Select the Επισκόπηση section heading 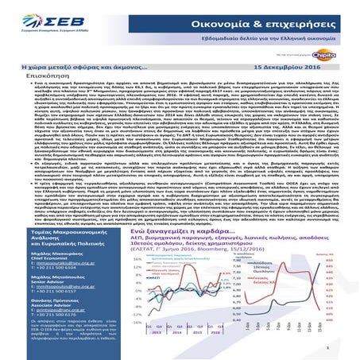[x=23, y=81]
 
